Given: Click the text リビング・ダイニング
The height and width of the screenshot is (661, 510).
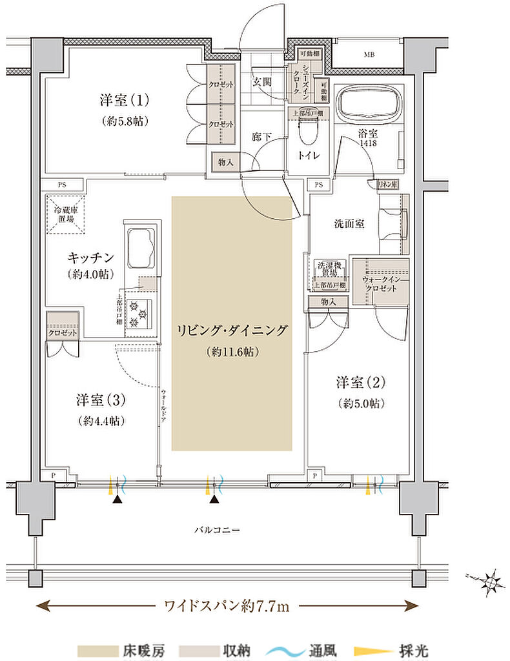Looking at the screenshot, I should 231,330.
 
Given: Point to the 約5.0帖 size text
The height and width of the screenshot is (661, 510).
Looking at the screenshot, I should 360,403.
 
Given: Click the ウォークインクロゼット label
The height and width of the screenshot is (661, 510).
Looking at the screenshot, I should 380,285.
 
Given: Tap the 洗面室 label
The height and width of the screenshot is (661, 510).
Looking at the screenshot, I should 349,224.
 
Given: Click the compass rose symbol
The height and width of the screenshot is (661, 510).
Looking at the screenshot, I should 491,582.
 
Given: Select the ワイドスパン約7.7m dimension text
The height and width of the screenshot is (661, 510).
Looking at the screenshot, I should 227,605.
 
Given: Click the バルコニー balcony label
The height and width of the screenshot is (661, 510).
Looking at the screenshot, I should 218,530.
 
